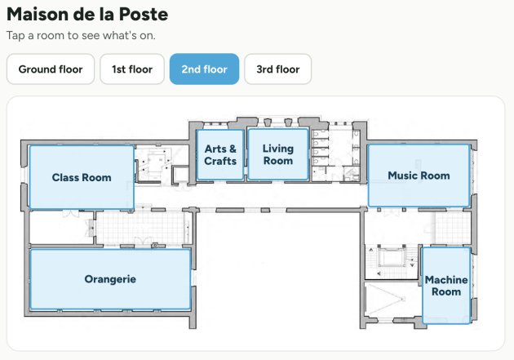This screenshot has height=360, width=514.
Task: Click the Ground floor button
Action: tap(51, 69)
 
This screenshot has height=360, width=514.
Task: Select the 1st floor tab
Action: tap(132, 69)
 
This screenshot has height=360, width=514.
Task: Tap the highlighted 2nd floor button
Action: tap(204, 69)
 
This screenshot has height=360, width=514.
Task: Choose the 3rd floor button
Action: tap(278, 69)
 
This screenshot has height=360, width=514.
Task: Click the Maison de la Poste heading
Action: tap(87, 14)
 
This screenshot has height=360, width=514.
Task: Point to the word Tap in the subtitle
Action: tap(16, 35)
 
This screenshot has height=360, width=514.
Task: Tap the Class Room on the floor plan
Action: tap(82, 177)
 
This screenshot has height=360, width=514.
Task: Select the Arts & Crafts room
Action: tap(220, 155)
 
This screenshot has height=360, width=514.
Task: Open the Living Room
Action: tap(278, 154)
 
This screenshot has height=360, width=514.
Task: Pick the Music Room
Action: tap(419, 176)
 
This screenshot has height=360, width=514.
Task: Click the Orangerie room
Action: tap(110, 279)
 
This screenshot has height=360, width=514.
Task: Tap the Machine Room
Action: tap(446, 286)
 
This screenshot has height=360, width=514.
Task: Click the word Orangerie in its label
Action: tap(110, 279)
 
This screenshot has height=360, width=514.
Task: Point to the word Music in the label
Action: tap(401, 176)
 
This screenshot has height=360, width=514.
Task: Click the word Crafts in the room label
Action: tap(220, 161)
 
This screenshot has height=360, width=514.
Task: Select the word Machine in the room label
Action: tap(446, 280)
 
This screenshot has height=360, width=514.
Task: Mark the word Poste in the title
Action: tap(144, 14)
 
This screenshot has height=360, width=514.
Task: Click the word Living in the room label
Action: tap(278, 149)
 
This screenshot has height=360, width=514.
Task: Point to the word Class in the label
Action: tap(65, 177)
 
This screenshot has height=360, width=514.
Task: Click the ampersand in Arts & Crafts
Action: tap(233, 149)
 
